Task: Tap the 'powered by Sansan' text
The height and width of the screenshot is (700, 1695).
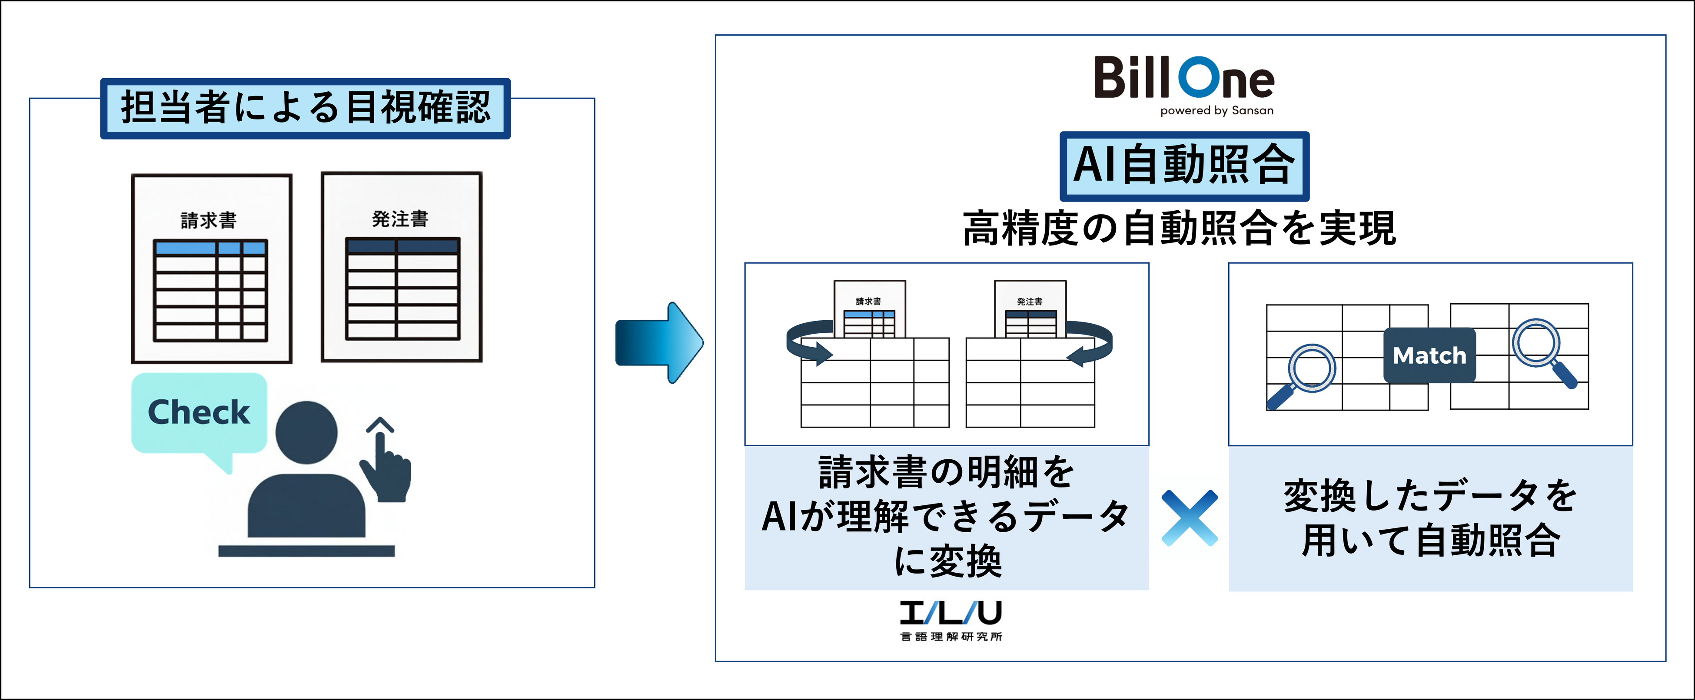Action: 1216,110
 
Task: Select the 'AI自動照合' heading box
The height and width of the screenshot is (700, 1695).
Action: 1184,166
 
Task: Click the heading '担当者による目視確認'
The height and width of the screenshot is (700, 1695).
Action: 305,108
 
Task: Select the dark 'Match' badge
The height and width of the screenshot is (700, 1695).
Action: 1429,355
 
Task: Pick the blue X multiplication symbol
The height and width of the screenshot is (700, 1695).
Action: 1189,518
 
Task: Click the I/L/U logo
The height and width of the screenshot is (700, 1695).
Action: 951,613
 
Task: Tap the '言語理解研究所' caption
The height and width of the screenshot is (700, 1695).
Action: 951,637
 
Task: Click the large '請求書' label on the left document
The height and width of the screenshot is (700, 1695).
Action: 209,220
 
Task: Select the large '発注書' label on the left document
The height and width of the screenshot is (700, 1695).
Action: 400,219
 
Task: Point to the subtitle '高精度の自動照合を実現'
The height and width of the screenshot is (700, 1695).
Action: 1179,228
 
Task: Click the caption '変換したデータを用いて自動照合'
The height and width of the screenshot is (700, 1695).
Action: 1430,518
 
